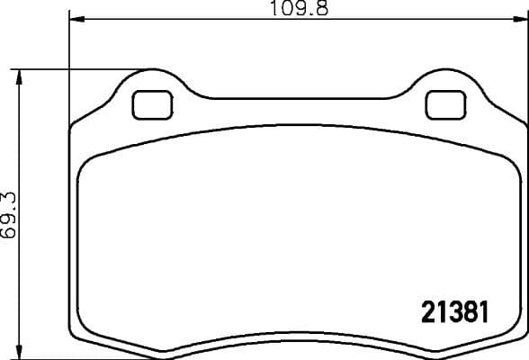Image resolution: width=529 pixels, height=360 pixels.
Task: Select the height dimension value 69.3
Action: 9,212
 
